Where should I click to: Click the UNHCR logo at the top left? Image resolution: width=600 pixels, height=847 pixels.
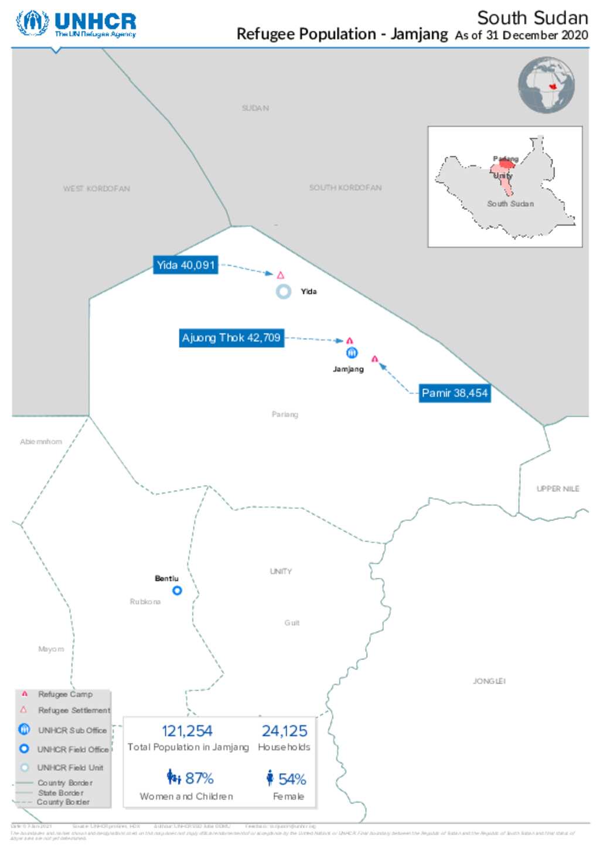76,24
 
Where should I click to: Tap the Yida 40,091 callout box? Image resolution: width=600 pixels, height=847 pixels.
186,265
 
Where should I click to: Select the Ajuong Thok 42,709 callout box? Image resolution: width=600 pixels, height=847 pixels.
231,338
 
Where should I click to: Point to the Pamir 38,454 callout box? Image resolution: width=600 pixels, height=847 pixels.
455,393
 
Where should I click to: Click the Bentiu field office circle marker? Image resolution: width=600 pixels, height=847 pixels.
177,591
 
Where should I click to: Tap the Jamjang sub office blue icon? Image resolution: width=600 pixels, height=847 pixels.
352,353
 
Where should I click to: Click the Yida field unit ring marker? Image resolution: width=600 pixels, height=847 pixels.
284,291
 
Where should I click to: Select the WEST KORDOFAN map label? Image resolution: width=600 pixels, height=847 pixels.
97,189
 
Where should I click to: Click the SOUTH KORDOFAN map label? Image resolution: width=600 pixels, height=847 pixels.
345,188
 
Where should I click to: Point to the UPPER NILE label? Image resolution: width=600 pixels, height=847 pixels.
558,489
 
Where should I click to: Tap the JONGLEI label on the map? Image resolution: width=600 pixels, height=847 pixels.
489,681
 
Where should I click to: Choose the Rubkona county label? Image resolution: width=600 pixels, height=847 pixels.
145,602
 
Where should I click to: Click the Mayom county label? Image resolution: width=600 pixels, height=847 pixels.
51,649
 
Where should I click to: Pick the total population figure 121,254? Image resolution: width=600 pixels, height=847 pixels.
187,731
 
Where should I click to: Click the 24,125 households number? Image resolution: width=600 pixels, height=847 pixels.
284,731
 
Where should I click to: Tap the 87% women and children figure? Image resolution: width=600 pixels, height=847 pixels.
199,778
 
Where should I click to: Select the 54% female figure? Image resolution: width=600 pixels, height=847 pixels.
292,779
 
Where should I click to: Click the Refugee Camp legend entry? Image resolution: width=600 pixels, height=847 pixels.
65,694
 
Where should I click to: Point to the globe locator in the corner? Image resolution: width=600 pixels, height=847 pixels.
546,85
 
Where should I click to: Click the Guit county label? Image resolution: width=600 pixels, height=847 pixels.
292,623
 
